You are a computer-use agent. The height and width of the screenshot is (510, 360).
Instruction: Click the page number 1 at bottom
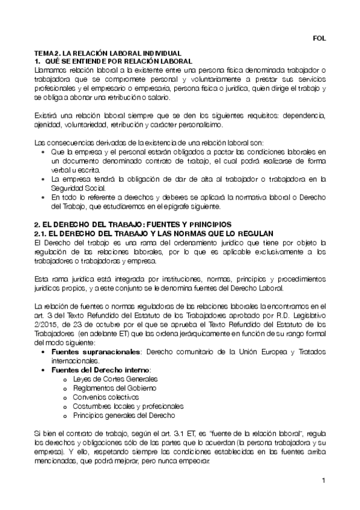click(323, 481)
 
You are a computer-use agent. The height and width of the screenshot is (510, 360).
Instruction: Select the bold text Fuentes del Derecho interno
click(101, 369)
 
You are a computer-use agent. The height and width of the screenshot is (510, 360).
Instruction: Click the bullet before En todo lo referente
click(44, 197)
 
